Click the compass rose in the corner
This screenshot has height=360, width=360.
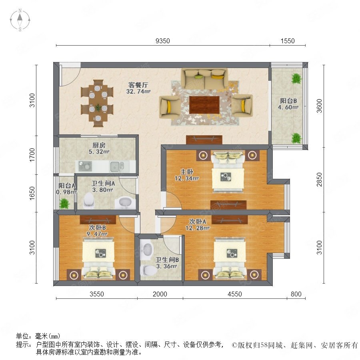pos(20,20)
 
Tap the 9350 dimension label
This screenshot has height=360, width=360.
pos(163,41)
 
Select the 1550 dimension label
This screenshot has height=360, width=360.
pos(288,41)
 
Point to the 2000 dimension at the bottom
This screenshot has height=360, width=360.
pos(160,294)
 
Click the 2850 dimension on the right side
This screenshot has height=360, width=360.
pos(319,180)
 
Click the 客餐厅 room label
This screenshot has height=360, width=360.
pos(138,85)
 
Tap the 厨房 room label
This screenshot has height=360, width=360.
pos(99,145)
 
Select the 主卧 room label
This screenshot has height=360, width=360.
pos(187,172)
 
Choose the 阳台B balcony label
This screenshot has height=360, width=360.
pos(288,100)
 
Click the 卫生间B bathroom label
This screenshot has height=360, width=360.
pos(167,260)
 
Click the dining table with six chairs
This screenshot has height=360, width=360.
pos(98,103)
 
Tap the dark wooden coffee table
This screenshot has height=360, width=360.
pos(204,105)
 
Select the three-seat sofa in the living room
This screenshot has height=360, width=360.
pos(204,78)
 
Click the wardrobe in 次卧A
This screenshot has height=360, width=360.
pos(230,220)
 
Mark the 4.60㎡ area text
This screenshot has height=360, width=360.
pos(288,107)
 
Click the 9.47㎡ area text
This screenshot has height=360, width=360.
pos(97,234)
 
